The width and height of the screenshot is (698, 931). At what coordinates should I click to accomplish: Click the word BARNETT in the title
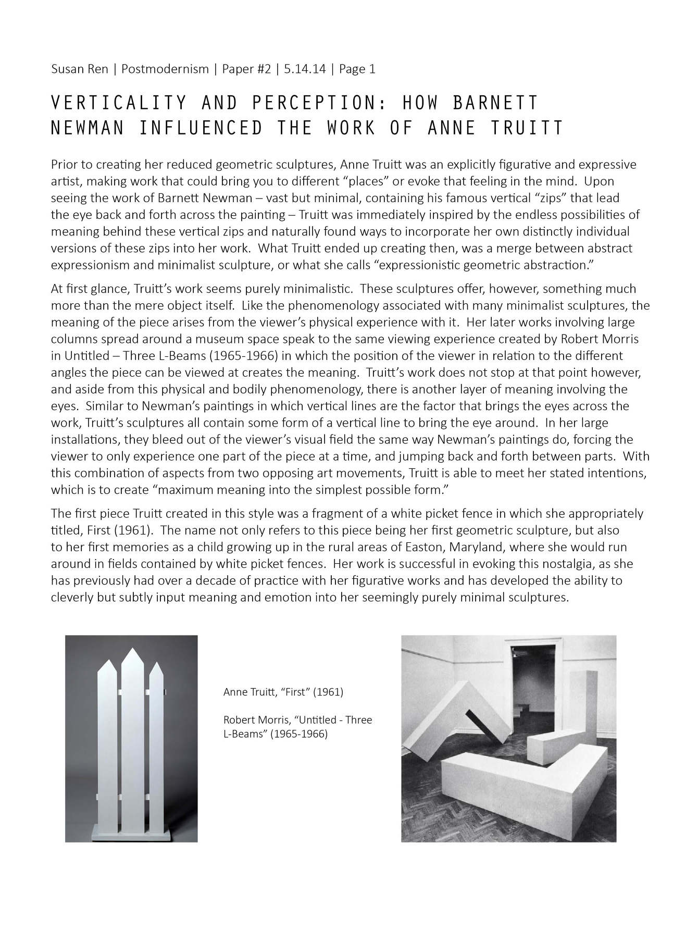pos(495,103)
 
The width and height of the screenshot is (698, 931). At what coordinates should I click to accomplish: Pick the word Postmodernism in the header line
pos(165,69)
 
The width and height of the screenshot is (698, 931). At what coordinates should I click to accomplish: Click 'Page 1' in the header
pos(357,69)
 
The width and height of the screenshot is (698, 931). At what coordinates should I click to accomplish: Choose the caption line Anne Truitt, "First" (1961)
pos(283,692)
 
